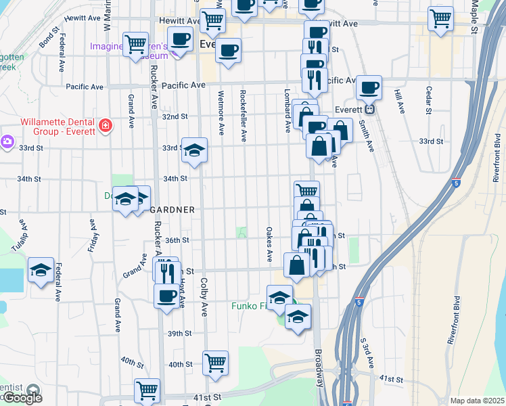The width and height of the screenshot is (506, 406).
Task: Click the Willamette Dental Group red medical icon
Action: [x=105, y=125]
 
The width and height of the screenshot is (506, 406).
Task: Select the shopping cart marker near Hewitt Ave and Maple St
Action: [x=440, y=20]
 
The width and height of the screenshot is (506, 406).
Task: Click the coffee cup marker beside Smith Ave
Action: [x=369, y=88]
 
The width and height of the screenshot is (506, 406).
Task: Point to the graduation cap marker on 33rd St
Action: [x=194, y=152]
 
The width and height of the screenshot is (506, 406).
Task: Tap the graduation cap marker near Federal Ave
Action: [x=41, y=271]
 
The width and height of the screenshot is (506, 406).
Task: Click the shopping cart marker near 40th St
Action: [x=215, y=363]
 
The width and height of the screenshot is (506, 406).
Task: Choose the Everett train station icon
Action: [x=369, y=109]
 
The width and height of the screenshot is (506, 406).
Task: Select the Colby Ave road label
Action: [x=203, y=298]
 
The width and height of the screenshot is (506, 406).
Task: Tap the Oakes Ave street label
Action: [x=269, y=245]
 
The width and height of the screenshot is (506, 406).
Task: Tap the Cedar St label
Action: [x=429, y=99]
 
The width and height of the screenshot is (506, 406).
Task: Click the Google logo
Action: [x=22, y=398]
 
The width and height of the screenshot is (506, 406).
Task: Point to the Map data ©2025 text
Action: [x=477, y=401]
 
